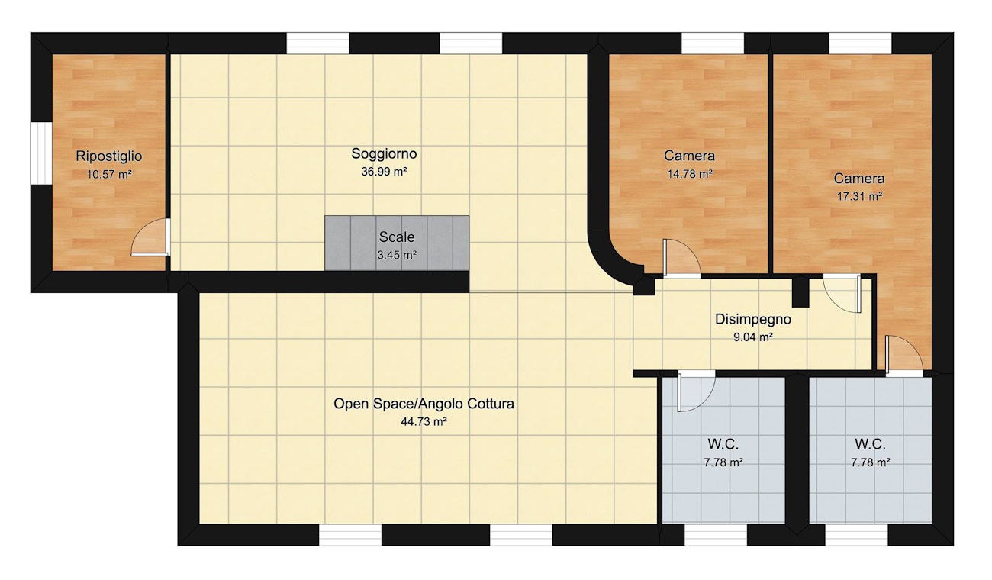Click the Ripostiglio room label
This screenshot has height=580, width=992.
(x=109, y=156)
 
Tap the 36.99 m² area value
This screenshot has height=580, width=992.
(x=384, y=172)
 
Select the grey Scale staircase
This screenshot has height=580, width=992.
(x=397, y=243)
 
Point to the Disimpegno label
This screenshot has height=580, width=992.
(x=753, y=319)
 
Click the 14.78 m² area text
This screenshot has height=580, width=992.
(x=690, y=174)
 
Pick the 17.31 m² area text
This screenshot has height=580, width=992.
(x=859, y=196)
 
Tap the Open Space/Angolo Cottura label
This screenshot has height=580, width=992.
(x=424, y=404)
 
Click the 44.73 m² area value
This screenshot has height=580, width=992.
(x=424, y=421)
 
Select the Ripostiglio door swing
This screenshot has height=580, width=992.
(x=150, y=237)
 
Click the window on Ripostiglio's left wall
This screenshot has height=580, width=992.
(x=41, y=153)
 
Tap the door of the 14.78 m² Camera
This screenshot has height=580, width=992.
(x=681, y=259)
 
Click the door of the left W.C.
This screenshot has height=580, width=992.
(x=696, y=391)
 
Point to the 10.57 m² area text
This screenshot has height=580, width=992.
(x=109, y=175)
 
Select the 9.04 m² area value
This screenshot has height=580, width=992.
(x=753, y=337)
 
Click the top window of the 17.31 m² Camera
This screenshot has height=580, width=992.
(x=860, y=43)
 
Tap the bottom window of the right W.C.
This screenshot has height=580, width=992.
(x=857, y=535)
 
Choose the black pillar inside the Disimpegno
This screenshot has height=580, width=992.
(x=800, y=292)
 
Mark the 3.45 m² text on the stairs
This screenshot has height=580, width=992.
(x=397, y=255)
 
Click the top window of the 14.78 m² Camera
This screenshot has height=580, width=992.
(x=713, y=43)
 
